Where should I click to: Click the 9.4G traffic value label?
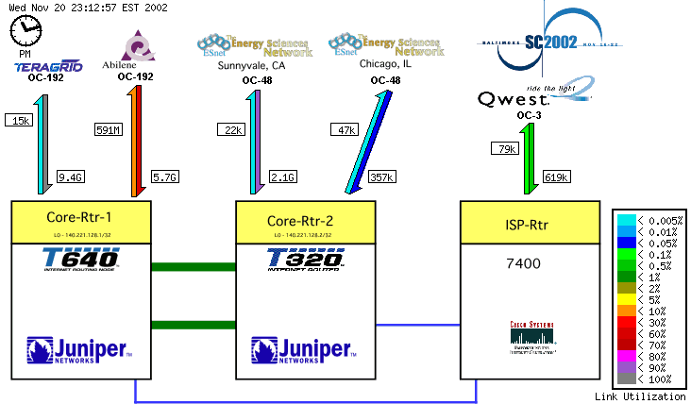(x=71, y=177)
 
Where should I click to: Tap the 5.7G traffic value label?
(x=165, y=177)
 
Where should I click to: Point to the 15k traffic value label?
(x=19, y=120)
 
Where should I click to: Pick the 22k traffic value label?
(x=231, y=129)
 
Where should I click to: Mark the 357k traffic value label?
(x=381, y=177)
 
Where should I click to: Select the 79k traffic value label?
(x=504, y=148)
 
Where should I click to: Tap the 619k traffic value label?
(x=556, y=177)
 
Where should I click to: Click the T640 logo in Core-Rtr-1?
(x=80, y=260)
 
